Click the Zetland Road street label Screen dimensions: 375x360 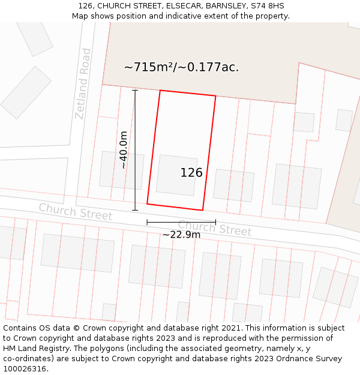[83, 84]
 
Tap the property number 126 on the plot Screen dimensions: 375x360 [191, 173]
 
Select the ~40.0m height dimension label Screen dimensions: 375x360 [123, 150]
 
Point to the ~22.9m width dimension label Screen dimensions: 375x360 [181, 235]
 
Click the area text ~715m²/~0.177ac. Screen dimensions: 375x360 [181, 67]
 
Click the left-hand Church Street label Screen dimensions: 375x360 [76, 211]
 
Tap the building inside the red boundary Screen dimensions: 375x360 [176, 175]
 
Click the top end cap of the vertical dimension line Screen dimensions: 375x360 [135, 91]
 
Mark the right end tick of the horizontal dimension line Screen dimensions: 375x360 [215, 223]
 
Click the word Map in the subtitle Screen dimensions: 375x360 [80, 16]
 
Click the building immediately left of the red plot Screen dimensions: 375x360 [122, 170]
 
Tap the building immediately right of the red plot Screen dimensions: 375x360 [233, 185]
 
